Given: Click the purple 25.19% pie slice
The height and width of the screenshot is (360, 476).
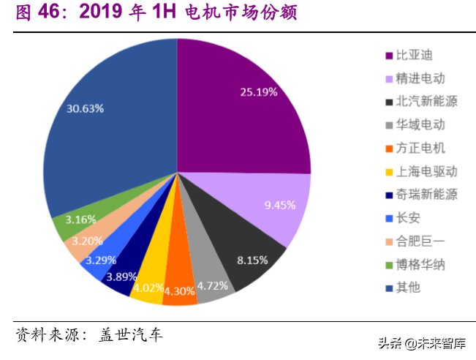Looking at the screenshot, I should (x=241, y=102).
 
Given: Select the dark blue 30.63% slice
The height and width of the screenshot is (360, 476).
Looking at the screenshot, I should (x=110, y=124).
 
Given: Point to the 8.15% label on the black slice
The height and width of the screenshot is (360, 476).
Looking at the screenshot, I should (x=252, y=259).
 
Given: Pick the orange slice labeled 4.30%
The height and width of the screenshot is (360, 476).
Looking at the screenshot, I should (x=179, y=289).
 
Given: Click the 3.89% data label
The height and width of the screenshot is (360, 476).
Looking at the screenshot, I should (x=121, y=277).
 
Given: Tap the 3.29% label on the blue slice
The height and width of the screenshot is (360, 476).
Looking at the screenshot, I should (x=100, y=259).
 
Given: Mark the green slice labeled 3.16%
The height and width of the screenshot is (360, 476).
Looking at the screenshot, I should (x=80, y=219).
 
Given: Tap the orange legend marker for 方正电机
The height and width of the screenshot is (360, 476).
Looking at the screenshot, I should (x=389, y=149).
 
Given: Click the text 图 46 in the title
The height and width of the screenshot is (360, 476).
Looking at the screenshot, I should (x=37, y=14).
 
